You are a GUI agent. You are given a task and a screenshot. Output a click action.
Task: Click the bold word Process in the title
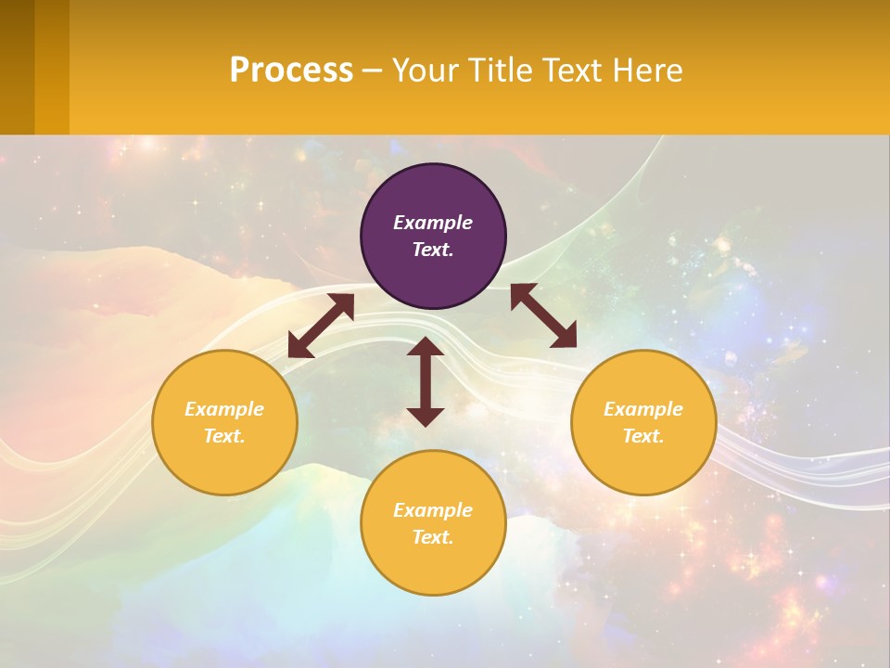coord(291,71)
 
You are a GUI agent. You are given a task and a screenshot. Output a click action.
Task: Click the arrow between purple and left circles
coord(321,326)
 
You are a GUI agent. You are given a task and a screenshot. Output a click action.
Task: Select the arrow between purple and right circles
coord(543,315)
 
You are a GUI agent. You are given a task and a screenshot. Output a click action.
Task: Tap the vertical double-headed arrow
coord(426,381)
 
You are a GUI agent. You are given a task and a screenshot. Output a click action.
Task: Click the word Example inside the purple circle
coord(433,223)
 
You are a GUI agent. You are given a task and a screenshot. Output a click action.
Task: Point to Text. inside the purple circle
coord(433,250)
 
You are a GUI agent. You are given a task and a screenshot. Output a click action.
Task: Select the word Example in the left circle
coord(224,409)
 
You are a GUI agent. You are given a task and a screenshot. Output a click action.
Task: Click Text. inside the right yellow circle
coord(643,436)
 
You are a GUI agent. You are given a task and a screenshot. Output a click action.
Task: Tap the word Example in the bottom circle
coord(433,510)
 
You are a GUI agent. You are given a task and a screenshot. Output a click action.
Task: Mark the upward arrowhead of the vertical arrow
coord(426,347)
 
